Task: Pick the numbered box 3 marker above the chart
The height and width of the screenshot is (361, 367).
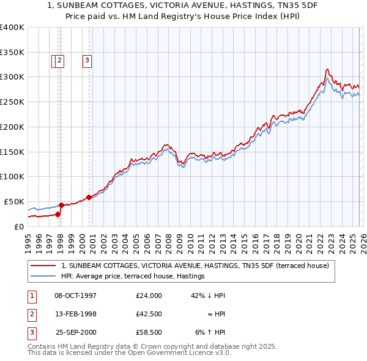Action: [x=87, y=60]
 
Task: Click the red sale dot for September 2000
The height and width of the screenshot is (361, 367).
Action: [x=89, y=197]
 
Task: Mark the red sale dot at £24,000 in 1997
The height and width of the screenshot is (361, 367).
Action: [x=58, y=214]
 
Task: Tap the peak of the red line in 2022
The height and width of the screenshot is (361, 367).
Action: [x=328, y=69]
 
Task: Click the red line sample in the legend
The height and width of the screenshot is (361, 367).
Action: [x=44, y=266]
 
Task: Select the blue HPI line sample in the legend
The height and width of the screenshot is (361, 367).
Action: [x=44, y=276]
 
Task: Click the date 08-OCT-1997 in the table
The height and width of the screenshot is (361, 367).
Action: [x=75, y=296]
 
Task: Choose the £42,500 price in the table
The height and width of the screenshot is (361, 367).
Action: [x=149, y=314]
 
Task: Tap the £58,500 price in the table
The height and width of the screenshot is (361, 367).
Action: [x=149, y=332]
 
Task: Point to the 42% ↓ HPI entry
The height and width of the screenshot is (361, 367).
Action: [x=208, y=296]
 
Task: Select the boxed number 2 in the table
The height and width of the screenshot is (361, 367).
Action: [x=31, y=314]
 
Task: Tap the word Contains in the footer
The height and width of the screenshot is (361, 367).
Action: [x=43, y=346]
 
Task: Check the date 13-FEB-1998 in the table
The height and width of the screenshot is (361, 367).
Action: [x=75, y=314]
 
